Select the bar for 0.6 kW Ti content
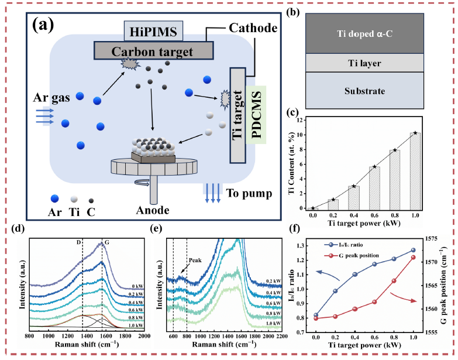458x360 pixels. [x=374, y=188]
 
